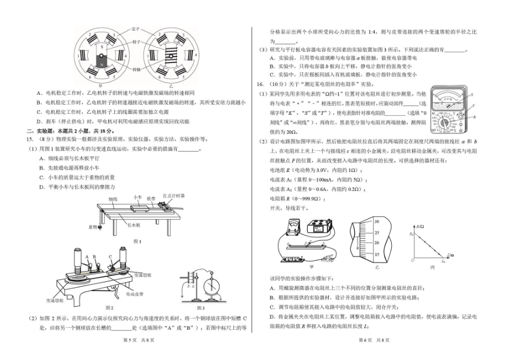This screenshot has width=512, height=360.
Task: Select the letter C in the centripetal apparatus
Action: tap(110, 257)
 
